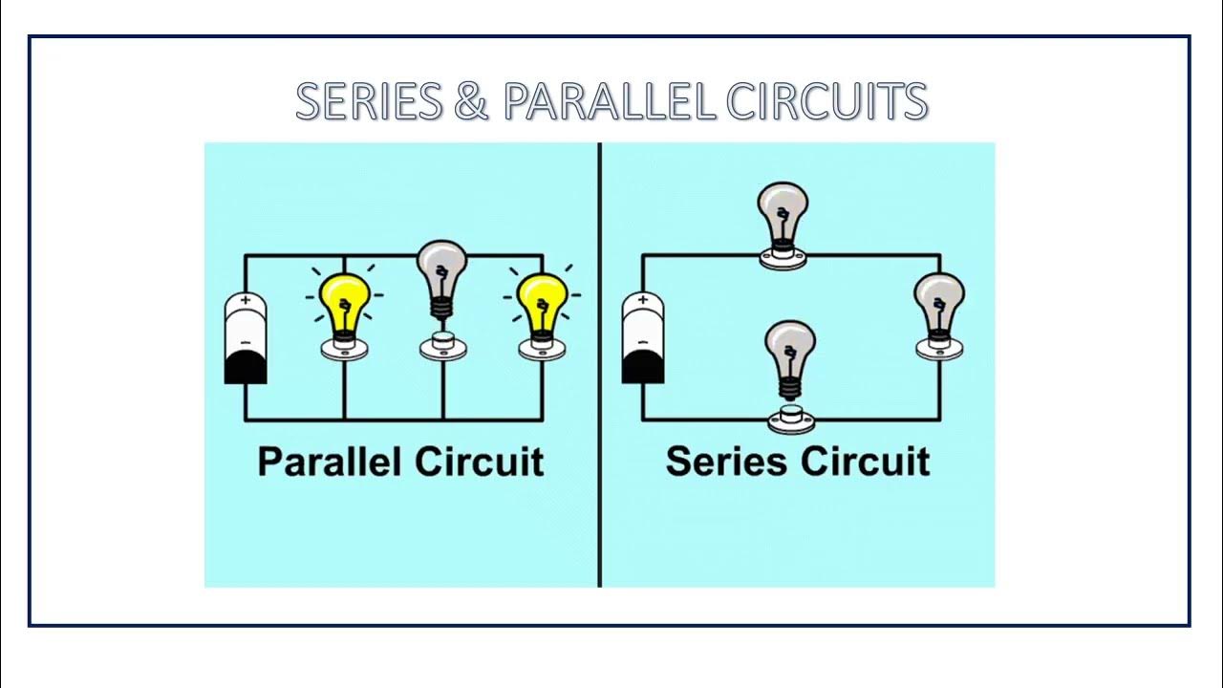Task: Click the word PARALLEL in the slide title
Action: (608, 102)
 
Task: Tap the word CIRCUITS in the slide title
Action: (826, 102)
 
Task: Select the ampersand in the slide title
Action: (471, 102)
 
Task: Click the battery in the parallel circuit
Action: (246, 339)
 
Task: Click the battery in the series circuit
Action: (643, 339)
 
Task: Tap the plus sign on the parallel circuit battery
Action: (246, 300)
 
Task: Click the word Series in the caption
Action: (727, 462)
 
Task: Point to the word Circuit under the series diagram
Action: (865, 462)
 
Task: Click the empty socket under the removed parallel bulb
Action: (443, 345)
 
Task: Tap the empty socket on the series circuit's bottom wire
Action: (790, 418)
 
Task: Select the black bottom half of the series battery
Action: (643, 366)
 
